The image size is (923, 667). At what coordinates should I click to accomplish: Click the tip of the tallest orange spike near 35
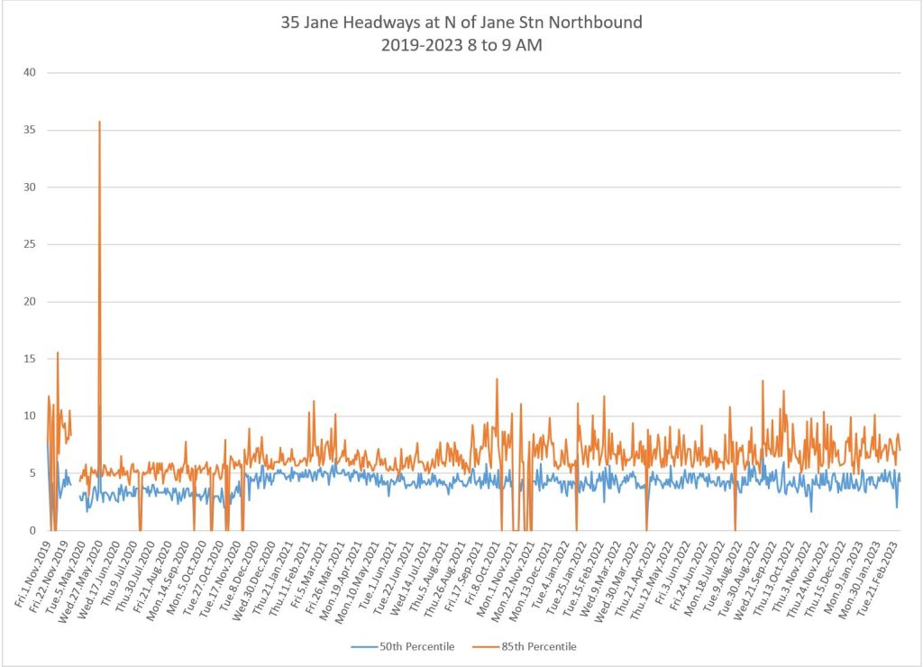point(99,122)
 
